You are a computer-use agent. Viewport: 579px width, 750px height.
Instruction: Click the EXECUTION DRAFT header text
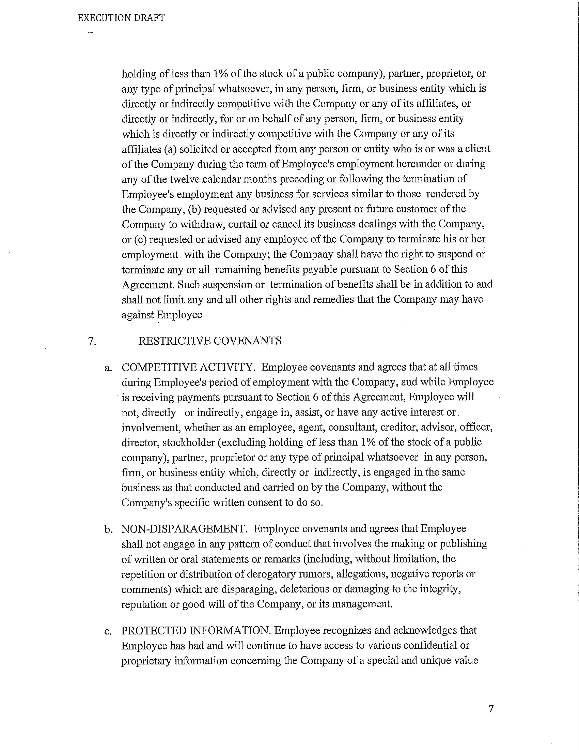pos(121,18)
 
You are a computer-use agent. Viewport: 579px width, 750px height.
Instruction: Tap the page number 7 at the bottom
pos(491,708)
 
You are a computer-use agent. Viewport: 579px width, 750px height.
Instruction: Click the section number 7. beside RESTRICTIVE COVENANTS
pos(92,341)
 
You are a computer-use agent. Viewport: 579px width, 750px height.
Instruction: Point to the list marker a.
pos(108,368)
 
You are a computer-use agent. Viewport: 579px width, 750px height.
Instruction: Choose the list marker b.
pos(108,529)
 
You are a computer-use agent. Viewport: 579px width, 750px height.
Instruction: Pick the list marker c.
pos(108,631)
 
